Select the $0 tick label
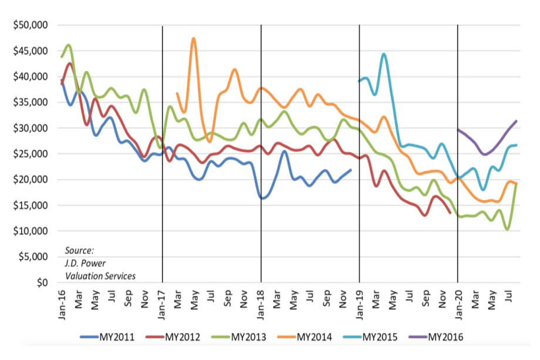[x=41, y=282]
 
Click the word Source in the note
[x=79, y=250]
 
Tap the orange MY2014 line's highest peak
[x=193, y=39]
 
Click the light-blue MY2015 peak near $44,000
[x=383, y=54]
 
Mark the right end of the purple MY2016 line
[x=516, y=121]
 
